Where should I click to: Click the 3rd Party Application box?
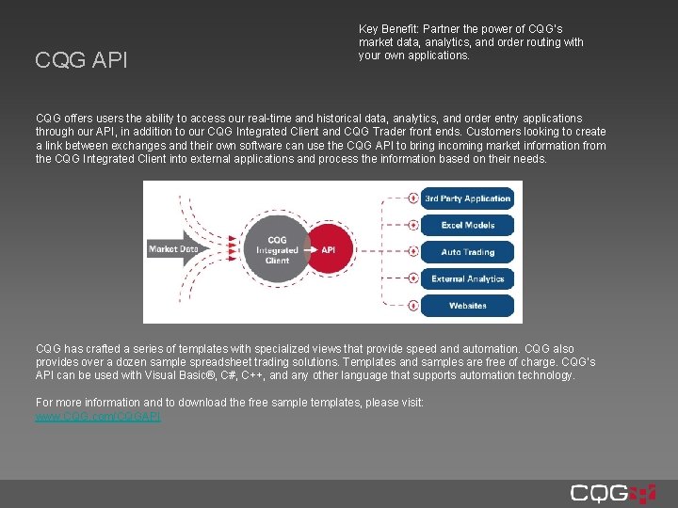(467, 198)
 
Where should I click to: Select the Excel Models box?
(467, 226)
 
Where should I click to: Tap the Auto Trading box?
(467, 252)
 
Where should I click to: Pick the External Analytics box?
(467, 278)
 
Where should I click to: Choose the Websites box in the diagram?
(467, 306)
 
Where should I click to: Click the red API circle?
(328, 250)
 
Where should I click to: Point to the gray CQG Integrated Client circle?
(277, 250)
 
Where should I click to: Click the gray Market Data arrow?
(176, 249)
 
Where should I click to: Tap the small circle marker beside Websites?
(412, 306)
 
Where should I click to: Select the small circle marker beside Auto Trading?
(412, 252)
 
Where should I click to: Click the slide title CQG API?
(81, 61)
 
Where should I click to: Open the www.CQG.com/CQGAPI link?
(98, 416)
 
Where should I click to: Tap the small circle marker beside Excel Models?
(412, 226)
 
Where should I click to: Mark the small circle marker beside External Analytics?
(412, 278)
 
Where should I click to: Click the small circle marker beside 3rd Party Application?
(412, 198)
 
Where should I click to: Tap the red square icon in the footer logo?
(643, 493)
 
